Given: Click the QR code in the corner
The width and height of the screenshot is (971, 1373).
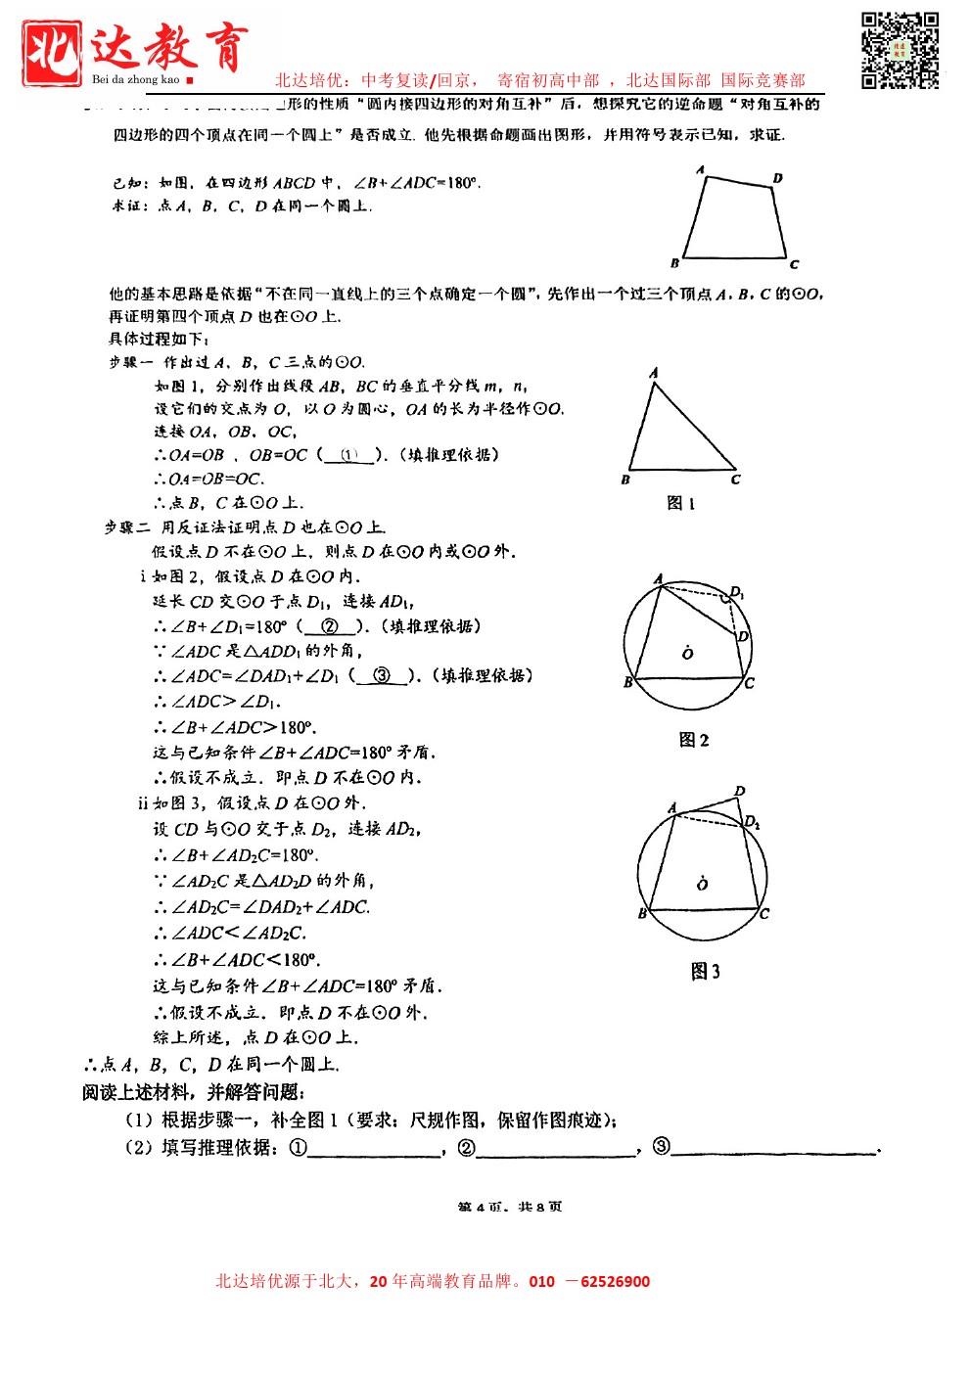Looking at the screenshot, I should coord(900,50).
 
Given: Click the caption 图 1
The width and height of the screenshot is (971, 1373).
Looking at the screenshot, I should coord(680,503).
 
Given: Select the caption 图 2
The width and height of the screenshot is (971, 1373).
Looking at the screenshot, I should coord(694,740).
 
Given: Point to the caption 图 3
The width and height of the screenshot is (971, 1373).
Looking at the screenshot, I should coord(705,971).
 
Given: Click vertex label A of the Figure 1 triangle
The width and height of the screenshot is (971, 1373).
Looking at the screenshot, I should coord(654,373).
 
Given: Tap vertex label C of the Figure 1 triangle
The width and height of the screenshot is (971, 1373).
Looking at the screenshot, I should coord(736,480).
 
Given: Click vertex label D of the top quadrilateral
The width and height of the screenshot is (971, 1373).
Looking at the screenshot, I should coord(777,178).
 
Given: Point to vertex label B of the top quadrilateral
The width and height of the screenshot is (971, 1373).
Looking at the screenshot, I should coord(674,262).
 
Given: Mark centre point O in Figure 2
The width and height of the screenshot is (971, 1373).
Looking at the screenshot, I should coord(687,652).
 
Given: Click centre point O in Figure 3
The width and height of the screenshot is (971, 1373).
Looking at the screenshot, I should coord(702,883).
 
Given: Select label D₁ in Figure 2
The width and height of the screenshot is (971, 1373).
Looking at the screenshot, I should coord(737,592).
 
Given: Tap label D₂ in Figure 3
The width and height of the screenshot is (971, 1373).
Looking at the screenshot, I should coord(752,822).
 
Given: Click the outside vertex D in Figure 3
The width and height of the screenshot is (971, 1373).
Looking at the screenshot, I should coord(740,791).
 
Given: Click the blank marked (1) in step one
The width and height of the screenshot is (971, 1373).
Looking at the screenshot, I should coord(349,455).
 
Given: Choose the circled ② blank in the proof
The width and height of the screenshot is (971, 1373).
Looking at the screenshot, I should coord(330,626).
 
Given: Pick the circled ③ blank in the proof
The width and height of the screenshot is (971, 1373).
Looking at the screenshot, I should coord(382,675).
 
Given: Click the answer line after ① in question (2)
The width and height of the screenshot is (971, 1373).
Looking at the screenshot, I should coord(374,1148).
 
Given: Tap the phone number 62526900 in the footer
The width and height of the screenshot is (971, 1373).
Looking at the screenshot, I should coord(615,1281).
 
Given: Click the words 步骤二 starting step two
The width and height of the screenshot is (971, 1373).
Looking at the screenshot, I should coord(128,527).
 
